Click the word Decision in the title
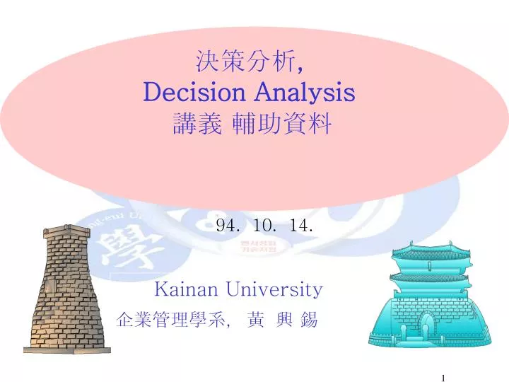(186, 93)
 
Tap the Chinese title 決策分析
(245, 62)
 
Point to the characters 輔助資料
(289, 125)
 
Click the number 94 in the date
(226, 226)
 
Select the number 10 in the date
(265, 226)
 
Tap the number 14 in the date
(301, 226)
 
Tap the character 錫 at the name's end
(309, 321)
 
